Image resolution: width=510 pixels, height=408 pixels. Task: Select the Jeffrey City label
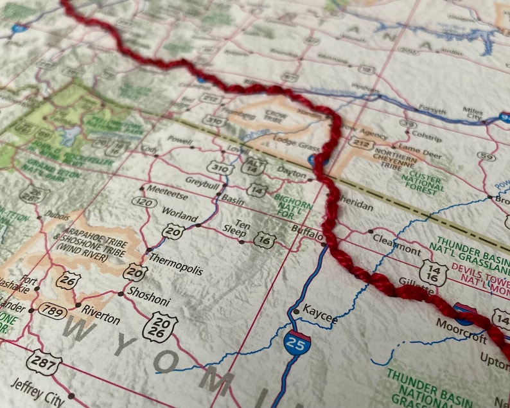(37, 393)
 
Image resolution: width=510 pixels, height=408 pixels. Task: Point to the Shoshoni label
(148, 292)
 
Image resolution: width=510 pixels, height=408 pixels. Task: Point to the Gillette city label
(412, 281)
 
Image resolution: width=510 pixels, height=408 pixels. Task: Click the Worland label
(179, 213)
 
